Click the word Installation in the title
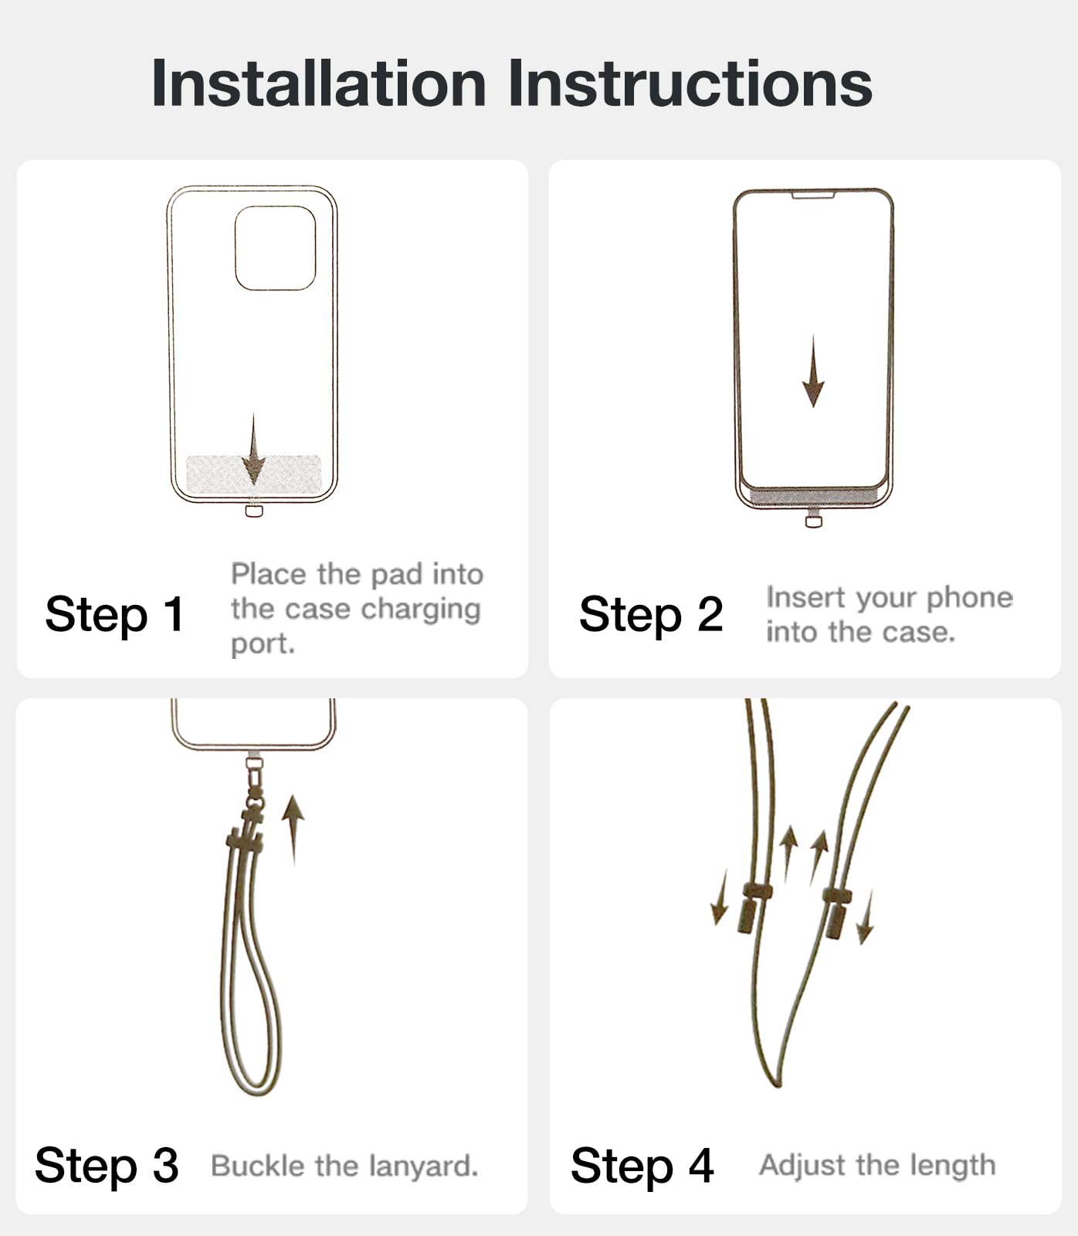pyautogui.click(x=319, y=83)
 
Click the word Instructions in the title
pyautogui.click(x=690, y=83)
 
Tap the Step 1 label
pyautogui.click(x=115, y=615)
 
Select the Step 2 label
pyautogui.click(x=651, y=615)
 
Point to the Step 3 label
pyautogui.click(x=107, y=1165)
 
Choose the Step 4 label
pyautogui.click(x=642, y=1165)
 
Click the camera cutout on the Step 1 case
pyautogui.click(x=275, y=248)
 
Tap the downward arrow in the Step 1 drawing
pyautogui.click(x=253, y=450)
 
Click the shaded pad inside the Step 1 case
pyautogui.click(x=253, y=474)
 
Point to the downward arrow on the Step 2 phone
pyautogui.click(x=813, y=372)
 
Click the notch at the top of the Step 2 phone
pyautogui.click(x=813, y=196)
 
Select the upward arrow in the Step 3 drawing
pyautogui.click(x=293, y=830)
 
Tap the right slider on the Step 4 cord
pyautogui.click(x=837, y=912)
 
